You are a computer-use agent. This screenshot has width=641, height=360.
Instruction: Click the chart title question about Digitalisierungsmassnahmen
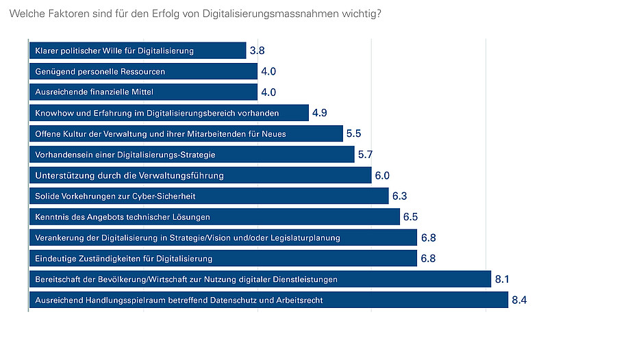(194, 14)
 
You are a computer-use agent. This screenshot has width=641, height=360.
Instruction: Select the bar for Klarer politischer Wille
(137, 51)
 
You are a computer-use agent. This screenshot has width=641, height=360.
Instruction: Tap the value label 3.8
(257, 51)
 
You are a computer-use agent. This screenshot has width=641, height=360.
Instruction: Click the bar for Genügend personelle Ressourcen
(143, 71)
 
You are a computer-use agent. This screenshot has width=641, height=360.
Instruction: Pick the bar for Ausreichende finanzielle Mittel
(143, 92)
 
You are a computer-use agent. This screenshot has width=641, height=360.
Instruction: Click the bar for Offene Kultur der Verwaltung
(186, 133)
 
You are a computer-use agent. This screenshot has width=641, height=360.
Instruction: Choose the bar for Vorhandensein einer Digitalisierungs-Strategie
(192, 155)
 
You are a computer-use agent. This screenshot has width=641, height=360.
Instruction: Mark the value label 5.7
(366, 155)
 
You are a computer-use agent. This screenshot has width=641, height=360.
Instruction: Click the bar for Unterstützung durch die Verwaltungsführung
(200, 175)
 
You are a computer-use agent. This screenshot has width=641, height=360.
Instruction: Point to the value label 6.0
(382, 175)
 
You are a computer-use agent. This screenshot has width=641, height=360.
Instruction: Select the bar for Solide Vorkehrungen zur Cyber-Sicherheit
(209, 196)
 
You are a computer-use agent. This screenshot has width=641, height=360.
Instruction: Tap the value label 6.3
(400, 196)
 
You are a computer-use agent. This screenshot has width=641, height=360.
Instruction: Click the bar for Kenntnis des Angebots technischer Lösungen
(214, 217)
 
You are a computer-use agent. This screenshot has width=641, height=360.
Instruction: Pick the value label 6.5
(411, 217)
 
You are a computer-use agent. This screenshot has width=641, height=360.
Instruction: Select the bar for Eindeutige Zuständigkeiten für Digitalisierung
(223, 259)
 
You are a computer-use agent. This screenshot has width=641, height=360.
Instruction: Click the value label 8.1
(503, 279)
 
